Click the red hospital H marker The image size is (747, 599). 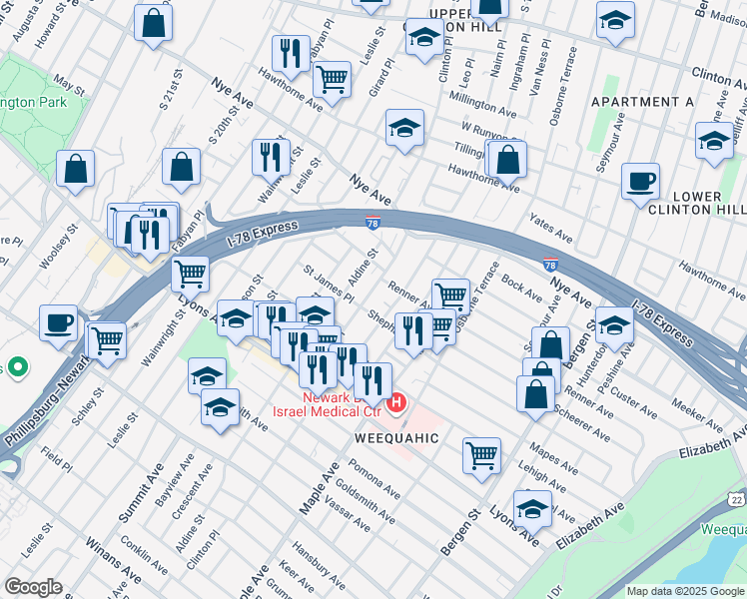pos(397,403)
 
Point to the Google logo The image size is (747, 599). pos(32,587)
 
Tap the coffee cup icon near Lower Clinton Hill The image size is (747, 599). pos(640,182)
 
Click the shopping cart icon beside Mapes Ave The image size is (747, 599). pos(481,455)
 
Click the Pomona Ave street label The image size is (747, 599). pos(374,480)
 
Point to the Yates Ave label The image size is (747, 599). pos(550,233)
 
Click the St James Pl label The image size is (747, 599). pos(329,283)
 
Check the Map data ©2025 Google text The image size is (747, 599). pos(684,591)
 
